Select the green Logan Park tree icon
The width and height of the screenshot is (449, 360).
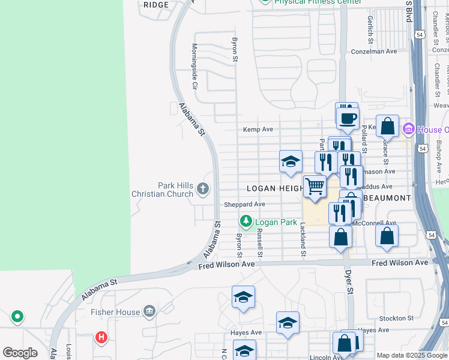[245, 222]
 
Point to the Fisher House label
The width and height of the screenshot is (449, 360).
[115, 311]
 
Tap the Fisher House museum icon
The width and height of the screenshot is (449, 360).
[149, 311]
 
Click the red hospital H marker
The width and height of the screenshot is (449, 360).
[101, 337]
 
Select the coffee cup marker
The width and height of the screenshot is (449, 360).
[348, 118]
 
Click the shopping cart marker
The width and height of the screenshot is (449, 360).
[315, 187]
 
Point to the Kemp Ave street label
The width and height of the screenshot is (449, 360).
[258, 129]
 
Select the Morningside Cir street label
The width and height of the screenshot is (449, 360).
[194, 66]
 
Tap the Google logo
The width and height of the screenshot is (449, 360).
[20, 353]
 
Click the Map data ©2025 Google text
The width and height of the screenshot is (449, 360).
[412, 355]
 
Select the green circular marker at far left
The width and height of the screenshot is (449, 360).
[17, 316]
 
